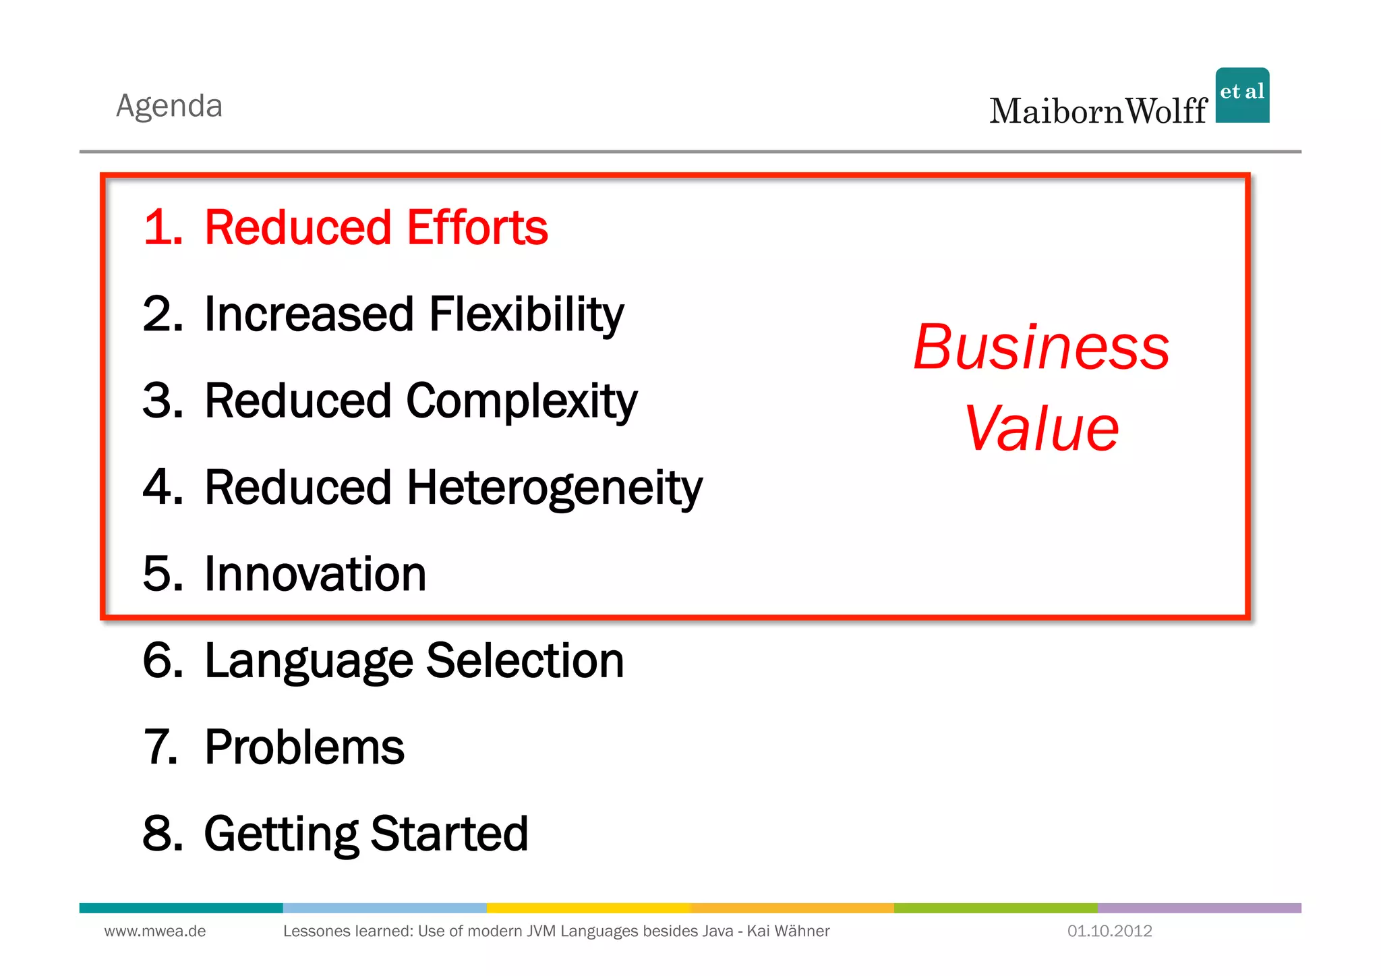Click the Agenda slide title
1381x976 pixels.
click(169, 106)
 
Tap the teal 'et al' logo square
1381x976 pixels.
click(1242, 95)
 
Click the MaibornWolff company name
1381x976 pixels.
click(1098, 111)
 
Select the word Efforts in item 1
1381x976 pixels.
click(477, 227)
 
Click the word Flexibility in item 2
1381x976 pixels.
click(526, 314)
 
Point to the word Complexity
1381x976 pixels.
click(521, 401)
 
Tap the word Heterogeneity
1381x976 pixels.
click(554, 488)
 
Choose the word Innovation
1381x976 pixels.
click(315, 574)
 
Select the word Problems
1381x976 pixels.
click(304, 747)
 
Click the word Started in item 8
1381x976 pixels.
click(449, 834)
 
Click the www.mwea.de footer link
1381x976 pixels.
click(155, 931)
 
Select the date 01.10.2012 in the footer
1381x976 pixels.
click(1109, 931)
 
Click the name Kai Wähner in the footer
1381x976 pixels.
click(788, 931)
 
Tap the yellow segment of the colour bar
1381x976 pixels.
click(588, 908)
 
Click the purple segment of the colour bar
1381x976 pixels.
click(1199, 908)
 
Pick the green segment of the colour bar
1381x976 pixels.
click(995, 908)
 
